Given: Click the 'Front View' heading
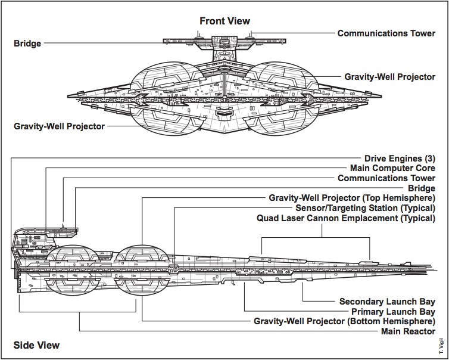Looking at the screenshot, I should (224, 21).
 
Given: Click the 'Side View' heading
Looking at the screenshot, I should (36, 345).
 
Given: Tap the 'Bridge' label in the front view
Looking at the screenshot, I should (27, 43).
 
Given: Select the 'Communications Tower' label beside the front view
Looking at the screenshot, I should (386, 33).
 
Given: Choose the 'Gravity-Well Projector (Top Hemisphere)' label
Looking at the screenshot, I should (352, 198).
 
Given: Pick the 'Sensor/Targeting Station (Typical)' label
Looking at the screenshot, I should (365, 208).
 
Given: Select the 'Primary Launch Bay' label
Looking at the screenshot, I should (393, 311).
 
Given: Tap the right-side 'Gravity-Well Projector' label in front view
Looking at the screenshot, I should (389, 77).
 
